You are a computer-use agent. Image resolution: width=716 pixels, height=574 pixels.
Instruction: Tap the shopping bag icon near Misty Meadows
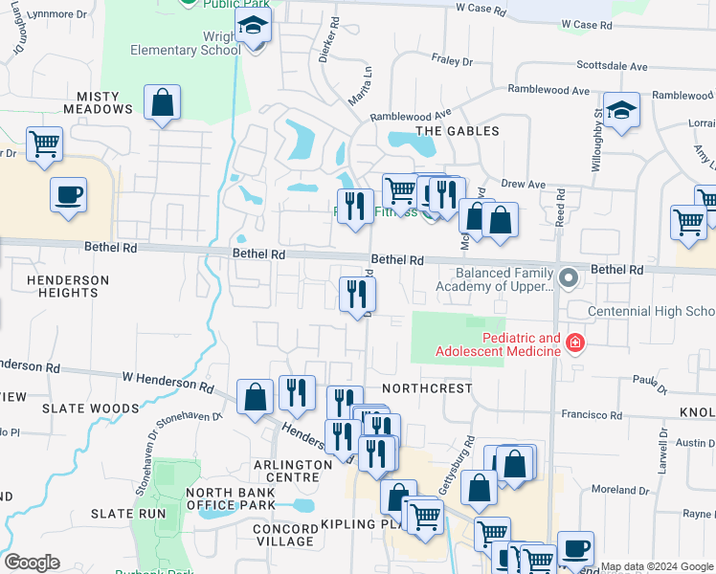163,102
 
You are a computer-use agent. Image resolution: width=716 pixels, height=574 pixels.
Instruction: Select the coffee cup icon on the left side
68,194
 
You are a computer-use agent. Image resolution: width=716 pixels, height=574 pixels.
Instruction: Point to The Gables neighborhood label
458,130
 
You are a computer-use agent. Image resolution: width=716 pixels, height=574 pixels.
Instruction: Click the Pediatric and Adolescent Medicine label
507,344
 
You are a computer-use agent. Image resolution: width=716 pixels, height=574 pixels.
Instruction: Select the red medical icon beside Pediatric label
574,342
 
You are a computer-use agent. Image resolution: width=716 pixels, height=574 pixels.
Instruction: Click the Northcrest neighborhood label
426,389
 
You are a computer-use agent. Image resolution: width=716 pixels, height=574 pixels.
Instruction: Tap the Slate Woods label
78,408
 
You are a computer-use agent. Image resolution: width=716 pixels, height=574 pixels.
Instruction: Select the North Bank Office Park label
231,498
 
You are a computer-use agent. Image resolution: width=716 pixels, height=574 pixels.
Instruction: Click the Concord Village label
283,535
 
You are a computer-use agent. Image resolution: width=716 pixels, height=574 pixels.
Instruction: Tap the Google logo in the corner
32,563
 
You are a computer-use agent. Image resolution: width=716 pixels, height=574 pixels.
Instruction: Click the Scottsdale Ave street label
614,66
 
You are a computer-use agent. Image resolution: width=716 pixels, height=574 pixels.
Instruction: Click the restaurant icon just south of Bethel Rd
357,292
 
